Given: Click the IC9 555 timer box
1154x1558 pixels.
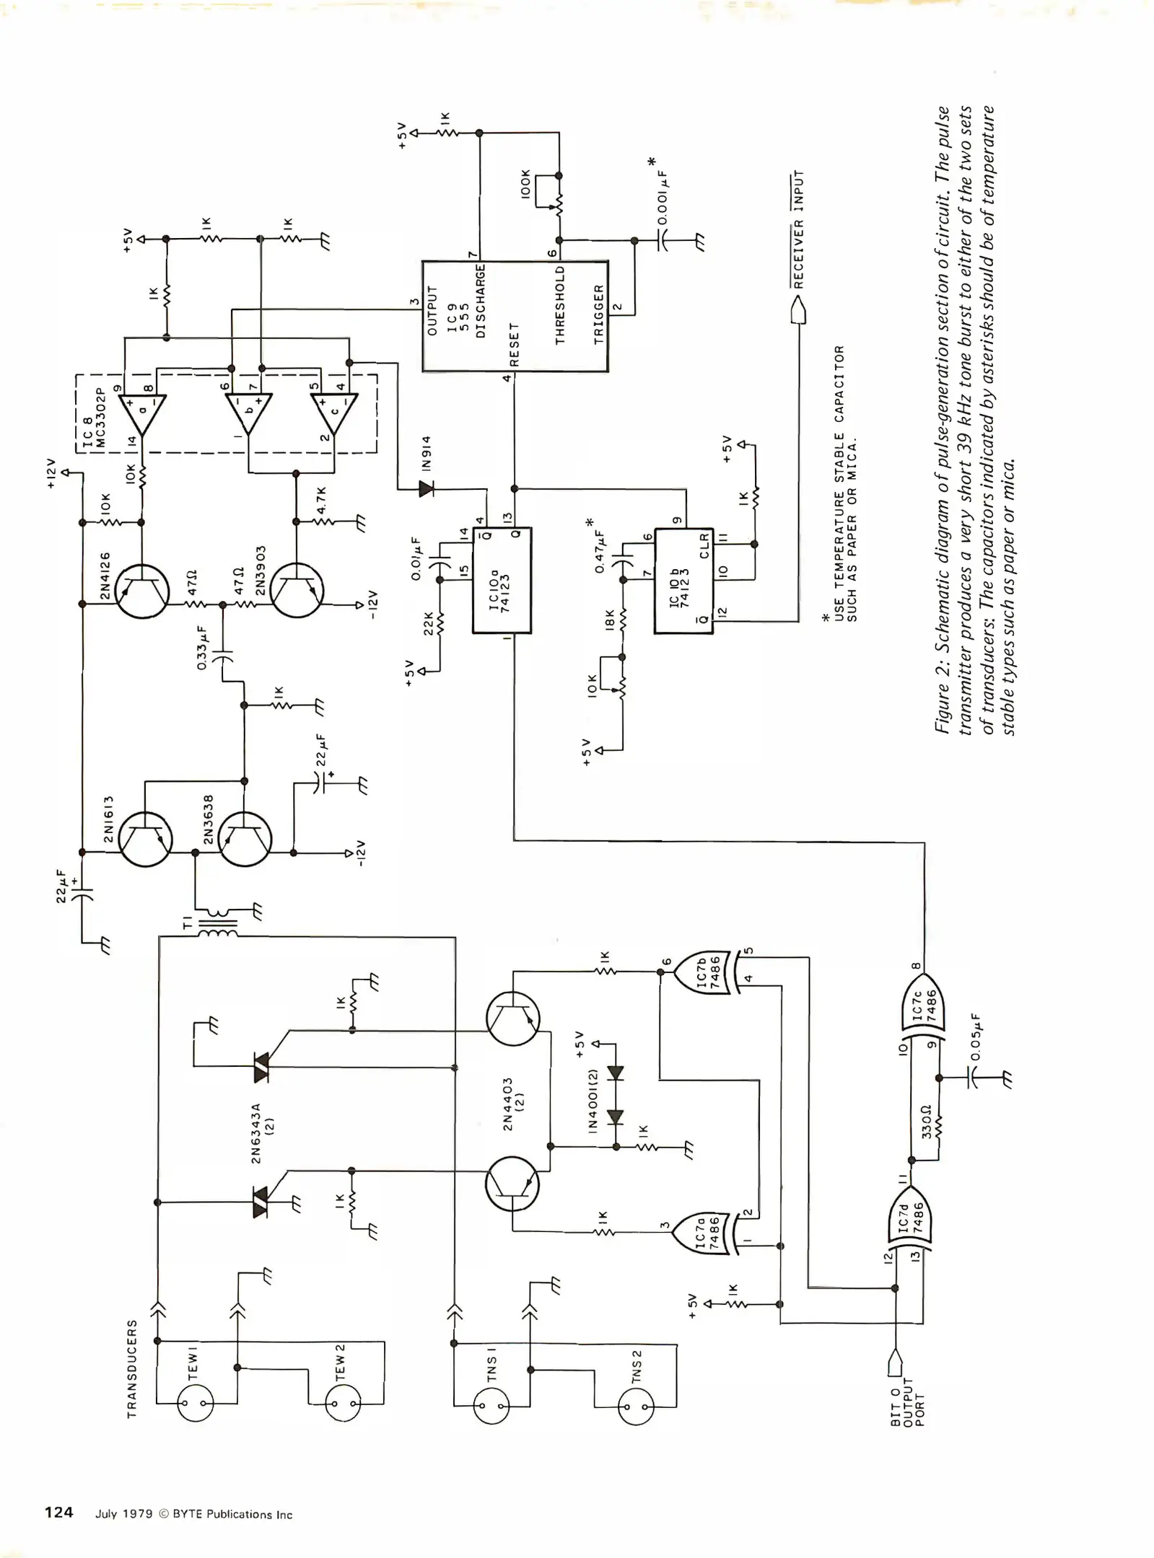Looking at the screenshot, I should pos(515,316).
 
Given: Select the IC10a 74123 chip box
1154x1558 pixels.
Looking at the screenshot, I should pos(502,581).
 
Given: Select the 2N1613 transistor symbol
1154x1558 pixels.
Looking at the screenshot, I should pos(145,839).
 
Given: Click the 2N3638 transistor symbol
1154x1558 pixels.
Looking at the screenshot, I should pos(245,839).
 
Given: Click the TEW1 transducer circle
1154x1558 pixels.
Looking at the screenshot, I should pos(196,1404).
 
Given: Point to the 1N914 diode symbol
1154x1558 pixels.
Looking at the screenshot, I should pos(426,490).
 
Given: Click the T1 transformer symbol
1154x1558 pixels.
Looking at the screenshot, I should pos(217,926).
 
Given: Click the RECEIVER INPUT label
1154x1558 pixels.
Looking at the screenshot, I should pos(798,230).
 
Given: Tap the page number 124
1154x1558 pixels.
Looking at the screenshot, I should pos(59,1513).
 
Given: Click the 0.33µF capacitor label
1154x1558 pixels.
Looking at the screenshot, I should pos(203,648).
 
